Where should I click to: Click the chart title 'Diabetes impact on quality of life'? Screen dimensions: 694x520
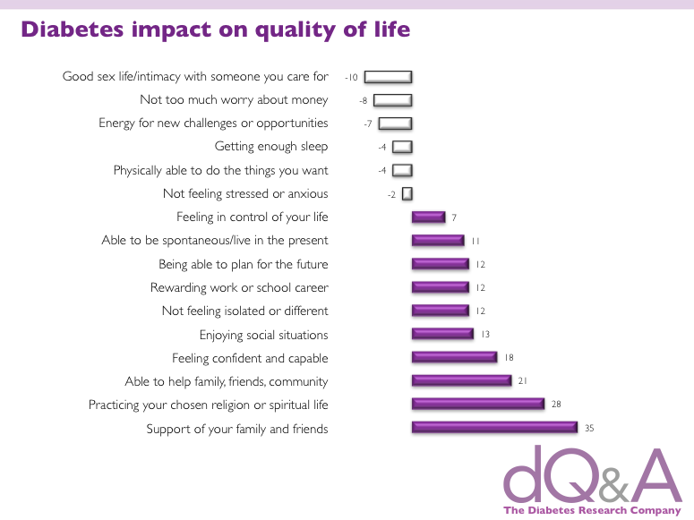coord(216,30)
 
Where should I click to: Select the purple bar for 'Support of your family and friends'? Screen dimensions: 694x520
coord(495,427)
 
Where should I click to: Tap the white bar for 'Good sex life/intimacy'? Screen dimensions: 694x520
coord(388,77)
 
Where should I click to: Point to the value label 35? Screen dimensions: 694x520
coord(589,428)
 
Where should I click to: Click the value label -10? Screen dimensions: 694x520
coord(351,78)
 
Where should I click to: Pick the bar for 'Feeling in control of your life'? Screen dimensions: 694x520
coord(428,217)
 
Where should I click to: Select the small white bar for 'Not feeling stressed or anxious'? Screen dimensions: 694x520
coord(407,194)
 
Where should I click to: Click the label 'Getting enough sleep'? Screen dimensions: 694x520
coord(271,147)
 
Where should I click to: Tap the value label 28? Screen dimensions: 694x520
coord(556,404)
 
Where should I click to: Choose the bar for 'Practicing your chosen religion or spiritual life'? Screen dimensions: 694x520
coord(478,404)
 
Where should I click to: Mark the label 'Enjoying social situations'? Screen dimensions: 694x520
coord(264,335)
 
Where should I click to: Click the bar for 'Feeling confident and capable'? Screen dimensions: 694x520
coord(455,357)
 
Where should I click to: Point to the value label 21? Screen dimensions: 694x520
coord(523,380)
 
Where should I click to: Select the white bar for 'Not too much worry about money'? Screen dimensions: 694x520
coord(392,100)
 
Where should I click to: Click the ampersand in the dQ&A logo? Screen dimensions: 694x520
coord(613,486)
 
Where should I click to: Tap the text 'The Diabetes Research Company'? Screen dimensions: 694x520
coord(592,510)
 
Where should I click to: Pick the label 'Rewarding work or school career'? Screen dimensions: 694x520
coord(239,287)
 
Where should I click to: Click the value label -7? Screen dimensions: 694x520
coord(368,124)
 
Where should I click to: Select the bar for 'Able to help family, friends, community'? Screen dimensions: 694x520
coord(462,380)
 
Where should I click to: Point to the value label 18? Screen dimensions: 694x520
coord(509,358)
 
